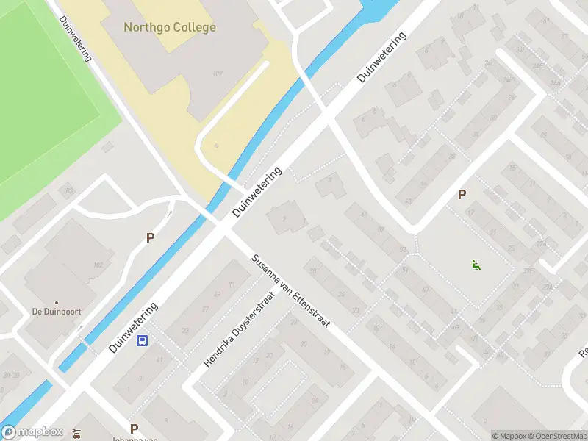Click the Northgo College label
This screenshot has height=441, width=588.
(170, 27)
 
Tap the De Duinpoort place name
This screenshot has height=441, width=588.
(55, 312)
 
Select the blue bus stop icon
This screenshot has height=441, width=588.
(143, 340)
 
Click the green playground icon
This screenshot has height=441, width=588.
(476, 265)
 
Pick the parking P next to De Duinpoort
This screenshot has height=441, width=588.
(150, 238)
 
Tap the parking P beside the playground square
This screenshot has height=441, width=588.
(462, 195)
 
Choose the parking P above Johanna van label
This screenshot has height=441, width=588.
(134, 429)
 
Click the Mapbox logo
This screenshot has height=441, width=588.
(32, 433)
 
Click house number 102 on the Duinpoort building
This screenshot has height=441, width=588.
(98, 265)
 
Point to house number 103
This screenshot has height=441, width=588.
(68, 191)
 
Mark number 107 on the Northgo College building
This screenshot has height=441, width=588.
(217, 73)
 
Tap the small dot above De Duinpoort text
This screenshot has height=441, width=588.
(56, 302)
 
